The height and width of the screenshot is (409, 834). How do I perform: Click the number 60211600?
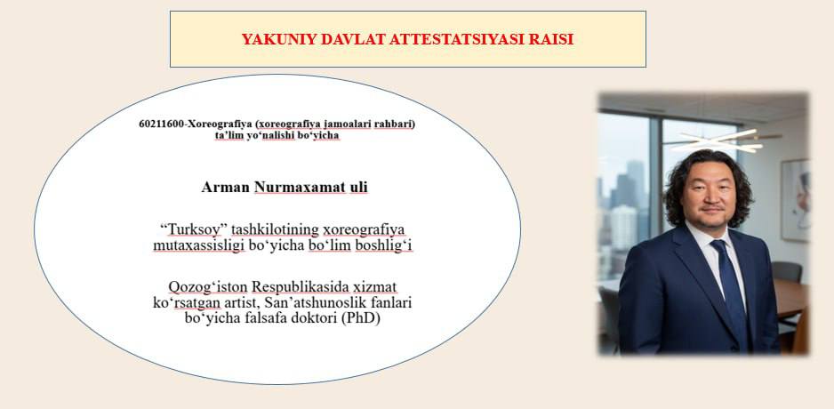pyautogui.click(x=161, y=124)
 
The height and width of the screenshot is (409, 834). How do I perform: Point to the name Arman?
pyautogui.click(x=226, y=188)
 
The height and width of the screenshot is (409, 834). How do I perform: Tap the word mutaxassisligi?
pyautogui.click(x=198, y=246)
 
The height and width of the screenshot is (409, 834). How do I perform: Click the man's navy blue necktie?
pyautogui.click(x=733, y=287)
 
